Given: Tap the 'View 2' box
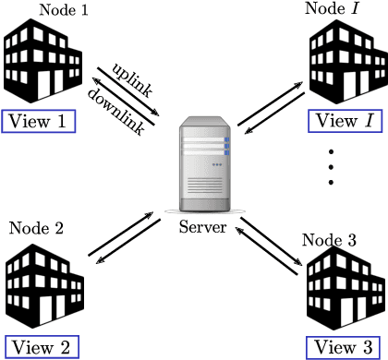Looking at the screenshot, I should [x=39, y=347].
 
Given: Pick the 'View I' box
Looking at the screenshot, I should [x=344, y=121].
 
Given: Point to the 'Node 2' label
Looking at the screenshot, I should [x=34, y=227].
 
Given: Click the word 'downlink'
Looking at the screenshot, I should [x=117, y=109].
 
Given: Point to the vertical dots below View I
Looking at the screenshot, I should [x=330, y=166].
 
